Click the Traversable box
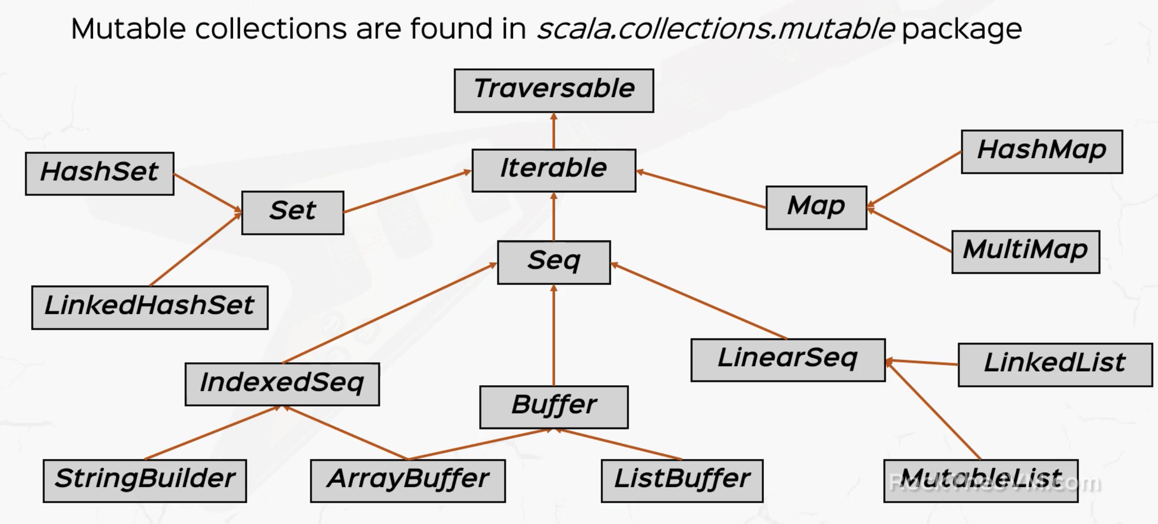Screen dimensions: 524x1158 pyautogui.click(x=554, y=90)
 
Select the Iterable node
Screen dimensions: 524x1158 pyautogui.click(x=554, y=170)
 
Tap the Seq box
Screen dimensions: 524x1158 pyautogui.click(x=554, y=262)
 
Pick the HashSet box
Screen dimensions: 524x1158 pyautogui.click(x=99, y=173)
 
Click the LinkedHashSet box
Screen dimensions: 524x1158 pyautogui.click(x=150, y=307)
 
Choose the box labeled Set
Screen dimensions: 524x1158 pyautogui.click(x=293, y=212)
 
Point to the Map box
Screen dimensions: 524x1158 pyautogui.click(x=816, y=207)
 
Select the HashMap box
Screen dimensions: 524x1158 pyautogui.click(x=1041, y=152)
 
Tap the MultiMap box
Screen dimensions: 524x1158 pyautogui.click(x=1025, y=252)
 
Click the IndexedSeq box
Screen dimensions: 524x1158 pyautogui.click(x=282, y=384)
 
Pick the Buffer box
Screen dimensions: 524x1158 pyautogui.click(x=554, y=407)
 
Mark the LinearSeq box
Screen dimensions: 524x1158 pyautogui.click(x=787, y=360)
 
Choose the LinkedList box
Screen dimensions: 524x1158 pyautogui.click(x=1055, y=364)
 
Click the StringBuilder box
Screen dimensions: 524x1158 pyautogui.click(x=145, y=481)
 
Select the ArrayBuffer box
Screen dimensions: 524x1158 pyautogui.click(x=408, y=481)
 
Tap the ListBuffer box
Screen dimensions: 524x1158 pyautogui.click(x=682, y=481)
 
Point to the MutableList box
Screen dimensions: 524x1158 pyautogui.click(x=980, y=481)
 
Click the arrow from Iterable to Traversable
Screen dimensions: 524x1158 pyautogui.click(x=554, y=131)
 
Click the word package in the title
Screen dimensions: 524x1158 pyautogui.click(x=962, y=30)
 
